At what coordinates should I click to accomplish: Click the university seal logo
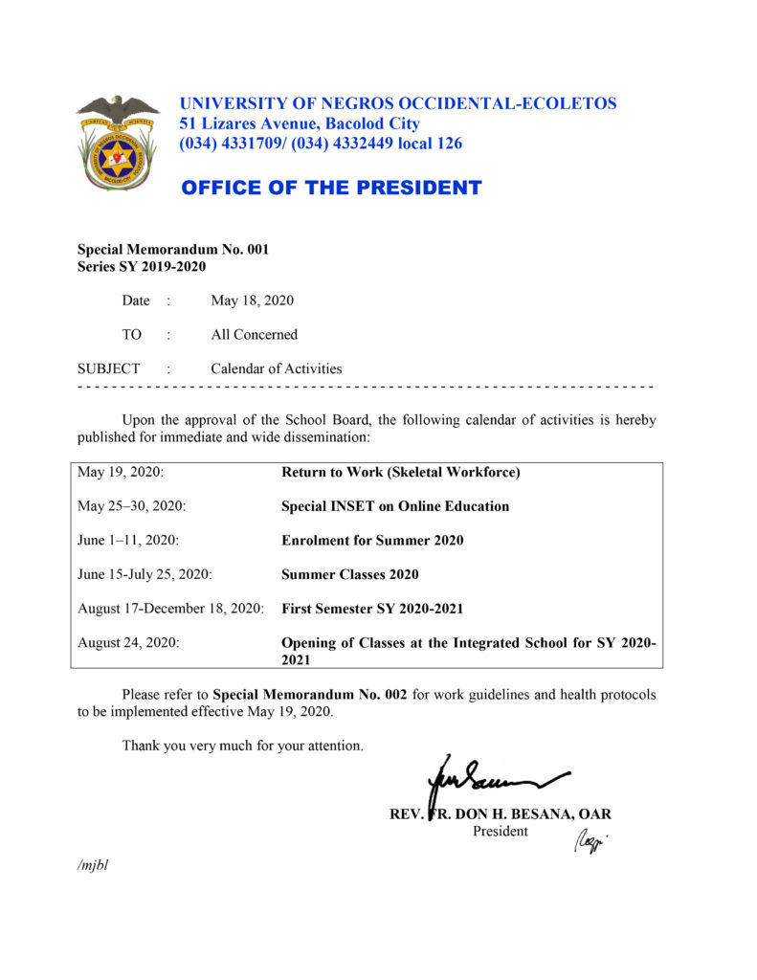pos(117,144)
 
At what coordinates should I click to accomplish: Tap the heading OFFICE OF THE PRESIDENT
pos(331,188)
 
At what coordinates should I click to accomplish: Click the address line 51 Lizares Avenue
pos(300,123)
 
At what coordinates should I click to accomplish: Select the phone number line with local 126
pos(321,144)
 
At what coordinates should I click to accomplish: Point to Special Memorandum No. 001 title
pos(173,249)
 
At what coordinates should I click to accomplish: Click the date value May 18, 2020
pos(252,301)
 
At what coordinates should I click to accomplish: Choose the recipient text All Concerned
pos(254,335)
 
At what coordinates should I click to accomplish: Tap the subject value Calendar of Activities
pos(276,368)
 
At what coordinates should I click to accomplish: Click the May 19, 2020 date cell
pos(122,472)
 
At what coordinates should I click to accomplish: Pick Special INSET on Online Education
pos(395,506)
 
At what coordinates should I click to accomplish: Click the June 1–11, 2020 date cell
pos(128,541)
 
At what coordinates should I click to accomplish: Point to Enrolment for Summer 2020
pos(372,541)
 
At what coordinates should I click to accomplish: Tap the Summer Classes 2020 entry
pos(349,575)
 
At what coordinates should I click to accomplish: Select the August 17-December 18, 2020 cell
pos(170,609)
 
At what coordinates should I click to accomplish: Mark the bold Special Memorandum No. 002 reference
pos(310,695)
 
